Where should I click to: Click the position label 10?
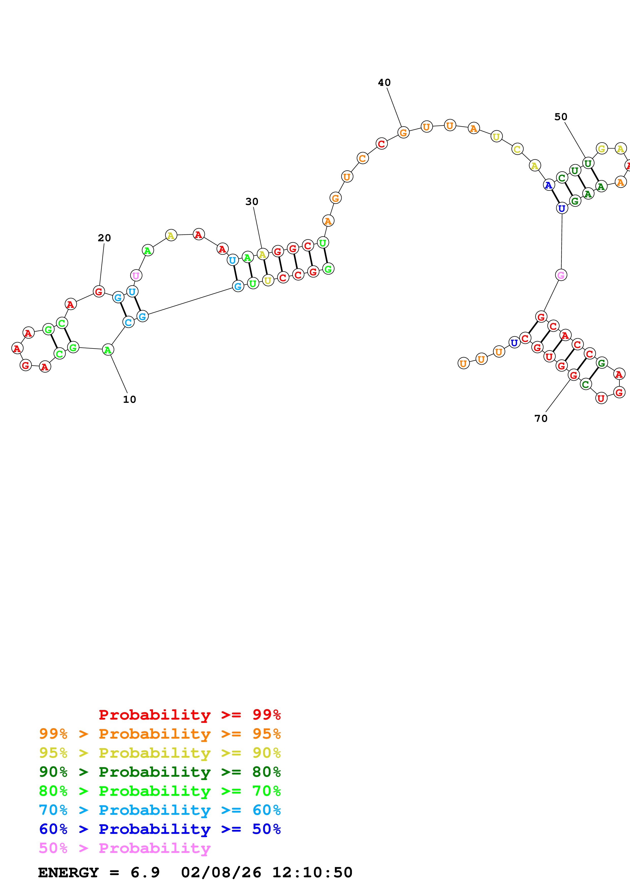pos(129,399)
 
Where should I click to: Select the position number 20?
pos(104,238)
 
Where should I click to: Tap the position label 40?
pos(384,83)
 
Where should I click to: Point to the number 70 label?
pos(541,418)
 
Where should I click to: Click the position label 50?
pos(561,117)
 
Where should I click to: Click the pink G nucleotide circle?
pos(561,275)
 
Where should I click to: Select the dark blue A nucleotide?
pos(548,185)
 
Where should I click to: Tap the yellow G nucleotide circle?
pos(602,148)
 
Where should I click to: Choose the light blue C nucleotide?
pos(129,322)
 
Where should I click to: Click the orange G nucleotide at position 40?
pos(403,133)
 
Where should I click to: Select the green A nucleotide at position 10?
pos(108,350)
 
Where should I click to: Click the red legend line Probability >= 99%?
pos(189,715)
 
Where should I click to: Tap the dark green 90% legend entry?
pos(160,772)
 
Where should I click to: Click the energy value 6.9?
pos(145,873)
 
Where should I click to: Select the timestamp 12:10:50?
pos(312,873)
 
